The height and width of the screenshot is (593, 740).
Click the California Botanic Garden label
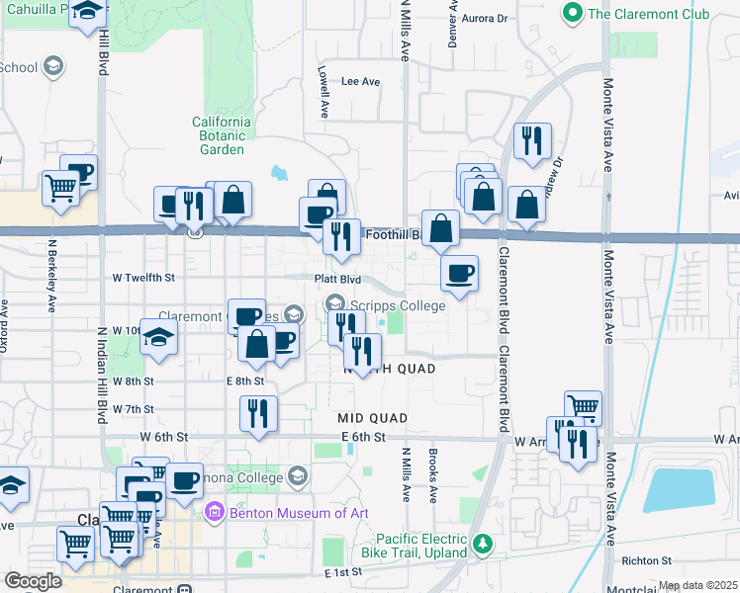[222, 135]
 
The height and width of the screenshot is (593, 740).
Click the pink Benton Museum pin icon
[213, 512]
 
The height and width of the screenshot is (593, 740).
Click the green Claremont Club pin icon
[571, 14]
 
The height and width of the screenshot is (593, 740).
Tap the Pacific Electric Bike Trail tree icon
[483, 545]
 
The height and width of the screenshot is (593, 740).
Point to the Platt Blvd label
[333, 279]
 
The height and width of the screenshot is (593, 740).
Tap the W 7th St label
[133, 408]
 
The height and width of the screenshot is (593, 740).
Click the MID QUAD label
[372, 419]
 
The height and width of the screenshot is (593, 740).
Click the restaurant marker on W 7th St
[259, 413]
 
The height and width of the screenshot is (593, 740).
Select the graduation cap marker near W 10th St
[158, 336]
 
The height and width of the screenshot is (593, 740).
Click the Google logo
[33, 581]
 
